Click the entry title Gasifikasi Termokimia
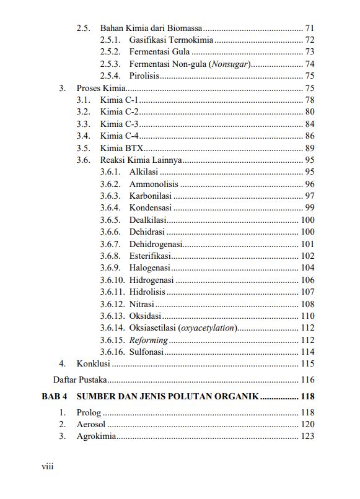[171, 40]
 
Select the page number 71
[310, 28]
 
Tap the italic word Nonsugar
[229, 64]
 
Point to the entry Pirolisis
[144, 76]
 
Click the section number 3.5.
[84, 148]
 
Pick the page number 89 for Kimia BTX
[310, 148]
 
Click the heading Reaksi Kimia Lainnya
[141, 160]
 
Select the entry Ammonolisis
[154, 184]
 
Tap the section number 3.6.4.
[110, 207]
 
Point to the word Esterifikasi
[150, 256]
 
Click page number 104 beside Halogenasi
[307, 267]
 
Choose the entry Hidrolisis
[147, 292]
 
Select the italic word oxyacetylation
[208, 328]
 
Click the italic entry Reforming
[148, 340]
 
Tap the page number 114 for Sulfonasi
[307, 352]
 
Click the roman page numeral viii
[48, 466]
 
